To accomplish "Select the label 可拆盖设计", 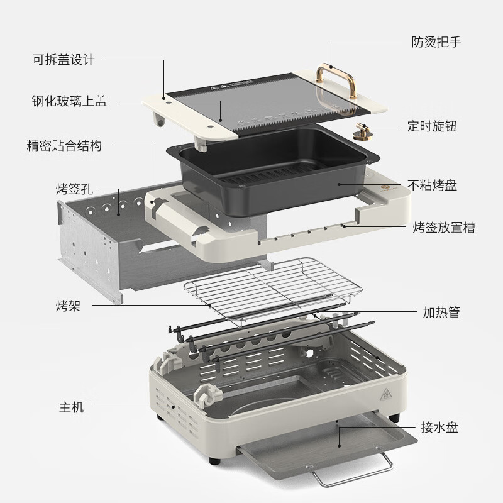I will pos(64,60).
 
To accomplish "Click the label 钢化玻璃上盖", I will pos(69,101).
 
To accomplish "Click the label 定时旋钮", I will pos(432,126).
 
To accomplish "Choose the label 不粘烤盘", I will pos(432,185).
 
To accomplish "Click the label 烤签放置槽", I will pos(443,227).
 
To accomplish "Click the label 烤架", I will pos(67,306).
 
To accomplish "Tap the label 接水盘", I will pos(440,428).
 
